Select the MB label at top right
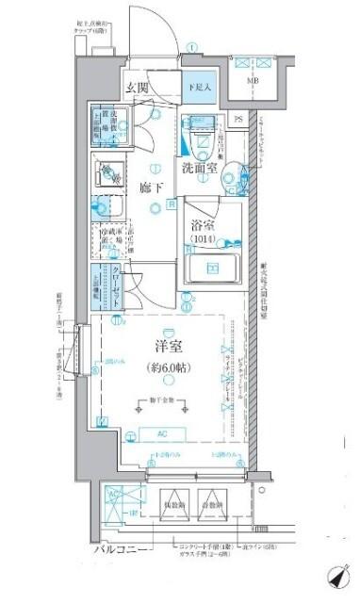click(x=254, y=82)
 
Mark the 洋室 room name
click(x=166, y=347)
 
